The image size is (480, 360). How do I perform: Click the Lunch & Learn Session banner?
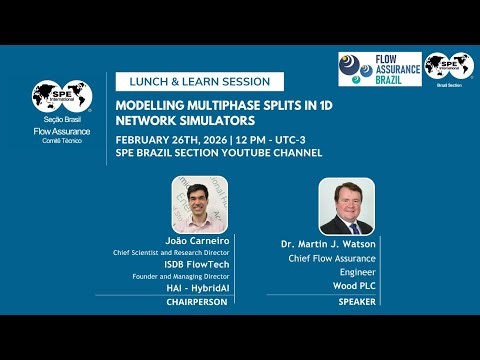[x=200, y=82]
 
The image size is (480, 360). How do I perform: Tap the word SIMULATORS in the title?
[x=212, y=120]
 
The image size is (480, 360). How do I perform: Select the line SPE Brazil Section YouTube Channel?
[x=219, y=153]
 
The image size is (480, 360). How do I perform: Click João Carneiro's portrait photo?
[x=199, y=205]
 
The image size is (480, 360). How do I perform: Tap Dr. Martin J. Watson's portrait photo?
[x=346, y=207]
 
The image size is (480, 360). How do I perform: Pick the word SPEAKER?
[x=357, y=300]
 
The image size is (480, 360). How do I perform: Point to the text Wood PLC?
[x=357, y=285]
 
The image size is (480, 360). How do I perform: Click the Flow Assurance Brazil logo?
[x=379, y=69]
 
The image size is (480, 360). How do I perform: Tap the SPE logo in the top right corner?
[x=448, y=67]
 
